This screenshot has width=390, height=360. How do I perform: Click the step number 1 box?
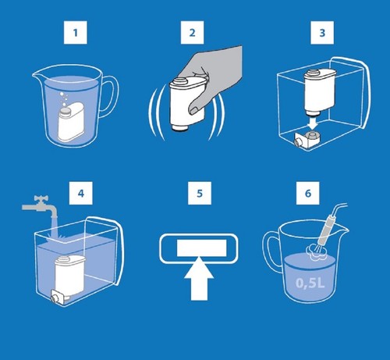76,33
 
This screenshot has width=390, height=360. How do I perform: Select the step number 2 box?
192,33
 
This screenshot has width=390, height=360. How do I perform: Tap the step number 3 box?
322,33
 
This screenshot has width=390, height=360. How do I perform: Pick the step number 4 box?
81,193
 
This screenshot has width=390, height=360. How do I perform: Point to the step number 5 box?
200,193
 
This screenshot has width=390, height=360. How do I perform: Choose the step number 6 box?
308,193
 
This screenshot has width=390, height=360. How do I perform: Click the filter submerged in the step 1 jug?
69,122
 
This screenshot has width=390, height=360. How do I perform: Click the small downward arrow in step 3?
314,123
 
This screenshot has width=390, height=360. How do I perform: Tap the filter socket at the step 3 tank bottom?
307,139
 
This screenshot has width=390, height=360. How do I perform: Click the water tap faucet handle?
41,198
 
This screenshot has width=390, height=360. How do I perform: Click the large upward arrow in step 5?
199,279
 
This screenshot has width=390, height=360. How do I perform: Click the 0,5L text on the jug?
310,283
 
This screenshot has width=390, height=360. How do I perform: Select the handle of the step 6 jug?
271,250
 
